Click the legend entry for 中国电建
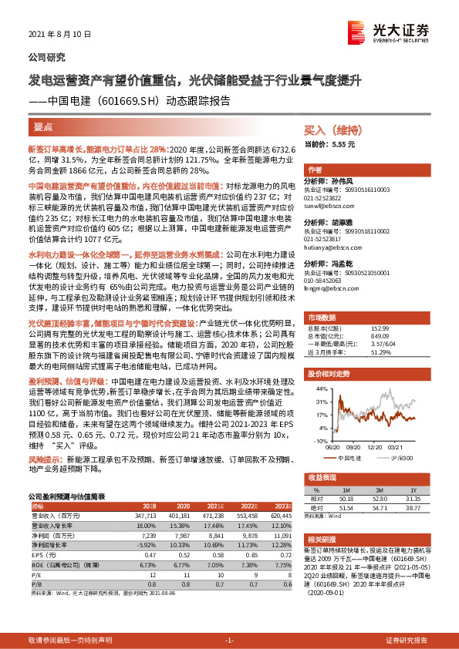coord(349,458)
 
